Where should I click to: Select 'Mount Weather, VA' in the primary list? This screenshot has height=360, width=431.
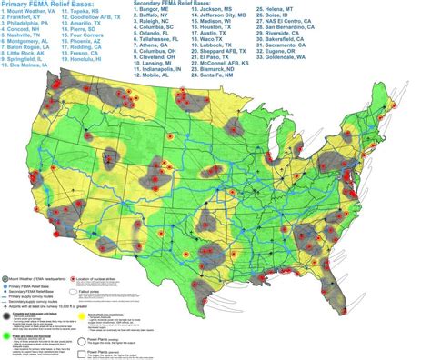click(34, 15)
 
